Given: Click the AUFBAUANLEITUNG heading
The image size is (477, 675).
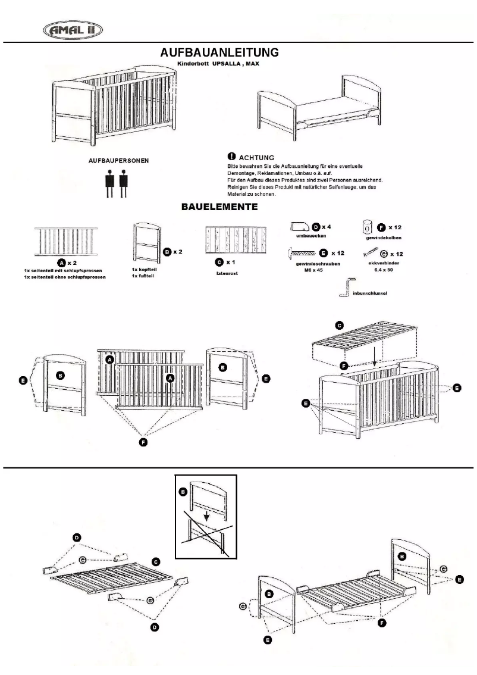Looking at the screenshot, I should pyautogui.click(x=219, y=53).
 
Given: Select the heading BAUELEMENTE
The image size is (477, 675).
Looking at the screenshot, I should pyautogui.click(x=219, y=208).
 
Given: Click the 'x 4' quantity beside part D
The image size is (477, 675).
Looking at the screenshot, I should pyautogui.click(x=327, y=227).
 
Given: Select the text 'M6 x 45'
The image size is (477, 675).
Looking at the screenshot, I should pyautogui.click(x=313, y=269).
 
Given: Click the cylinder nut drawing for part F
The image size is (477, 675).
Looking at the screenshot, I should pyautogui.click(x=368, y=227).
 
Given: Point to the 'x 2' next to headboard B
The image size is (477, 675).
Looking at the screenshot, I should pyautogui.click(x=177, y=252).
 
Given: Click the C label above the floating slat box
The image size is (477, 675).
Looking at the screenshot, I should pyautogui.click(x=339, y=325).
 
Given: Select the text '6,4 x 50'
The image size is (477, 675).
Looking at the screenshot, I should pyautogui.click(x=381, y=269).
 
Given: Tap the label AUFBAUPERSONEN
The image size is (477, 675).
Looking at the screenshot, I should pyautogui.click(x=115, y=161).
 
